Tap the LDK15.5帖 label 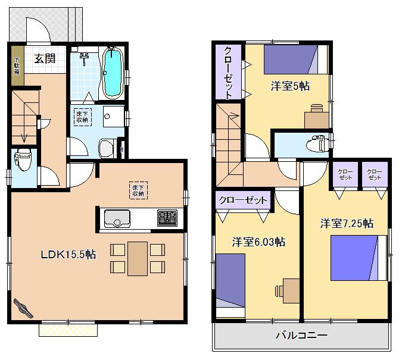(68, 254)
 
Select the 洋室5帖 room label (290, 86)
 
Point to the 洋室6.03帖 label (258, 242)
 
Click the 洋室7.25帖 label (347, 224)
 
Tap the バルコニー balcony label (301, 336)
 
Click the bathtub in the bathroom (113, 73)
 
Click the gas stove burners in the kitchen (167, 217)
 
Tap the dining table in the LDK (137, 258)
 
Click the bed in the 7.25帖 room (356, 257)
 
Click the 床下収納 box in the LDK (139, 190)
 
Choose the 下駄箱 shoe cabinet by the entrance (17, 64)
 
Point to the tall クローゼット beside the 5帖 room (228, 72)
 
